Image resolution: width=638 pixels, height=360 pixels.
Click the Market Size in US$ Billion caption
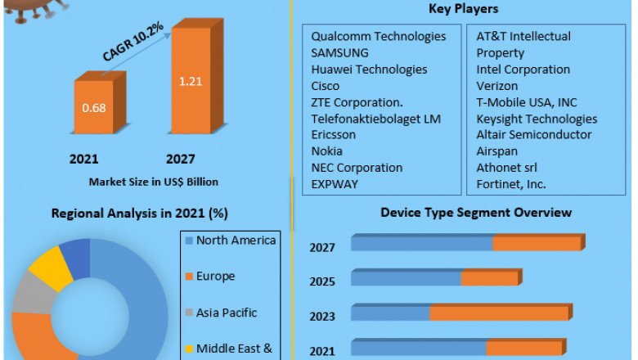pyautogui.click(x=153, y=182)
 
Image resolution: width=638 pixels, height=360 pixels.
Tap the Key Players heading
pyautogui.click(x=463, y=9)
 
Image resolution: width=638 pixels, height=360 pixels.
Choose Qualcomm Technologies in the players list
pyautogui.click(x=379, y=37)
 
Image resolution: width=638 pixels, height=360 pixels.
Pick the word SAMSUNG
pyautogui.click(x=340, y=53)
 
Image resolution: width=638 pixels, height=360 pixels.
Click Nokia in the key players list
pyautogui.click(x=327, y=151)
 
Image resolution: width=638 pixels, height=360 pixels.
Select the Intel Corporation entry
pyautogui.click(x=523, y=70)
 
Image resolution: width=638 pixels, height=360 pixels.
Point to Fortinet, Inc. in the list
pyautogui.click(x=511, y=184)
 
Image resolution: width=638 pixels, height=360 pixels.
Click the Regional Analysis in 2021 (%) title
pyautogui.click(x=139, y=214)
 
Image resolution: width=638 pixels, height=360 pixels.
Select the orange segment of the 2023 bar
pyautogui.click(x=499, y=313)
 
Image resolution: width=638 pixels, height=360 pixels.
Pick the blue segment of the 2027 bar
pyautogui.click(x=421, y=244)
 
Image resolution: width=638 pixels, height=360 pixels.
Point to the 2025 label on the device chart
pyautogui.click(x=322, y=281)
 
